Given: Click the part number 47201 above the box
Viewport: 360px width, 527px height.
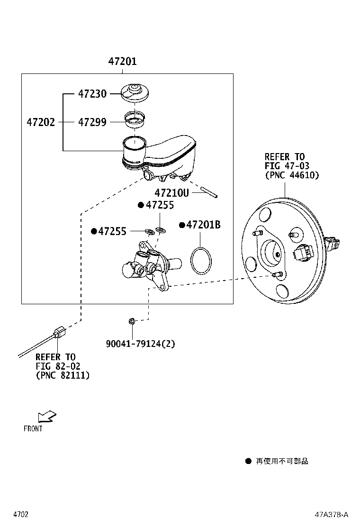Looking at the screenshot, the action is click(x=122, y=61).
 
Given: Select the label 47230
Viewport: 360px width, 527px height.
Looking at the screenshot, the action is click(x=92, y=93).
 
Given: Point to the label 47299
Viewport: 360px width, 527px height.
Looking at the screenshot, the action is click(x=92, y=122).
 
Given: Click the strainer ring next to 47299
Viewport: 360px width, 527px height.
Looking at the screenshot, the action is click(x=135, y=119).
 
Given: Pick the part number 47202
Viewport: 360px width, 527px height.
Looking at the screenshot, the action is click(x=41, y=122).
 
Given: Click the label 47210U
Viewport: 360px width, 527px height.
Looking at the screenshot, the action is click(x=171, y=193).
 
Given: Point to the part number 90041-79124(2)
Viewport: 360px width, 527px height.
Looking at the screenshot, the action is click(x=140, y=344).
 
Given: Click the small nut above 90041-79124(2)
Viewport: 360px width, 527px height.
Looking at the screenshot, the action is click(x=132, y=321).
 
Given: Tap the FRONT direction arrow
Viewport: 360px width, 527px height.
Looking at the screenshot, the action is click(x=47, y=416).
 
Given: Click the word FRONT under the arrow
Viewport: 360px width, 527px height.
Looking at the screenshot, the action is click(x=33, y=428).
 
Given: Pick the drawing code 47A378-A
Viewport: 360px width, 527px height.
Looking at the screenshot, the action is click(x=332, y=515).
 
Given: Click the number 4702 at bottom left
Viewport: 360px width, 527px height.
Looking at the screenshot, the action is click(x=21, y=515).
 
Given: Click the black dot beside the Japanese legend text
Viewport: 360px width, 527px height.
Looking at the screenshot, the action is click(x=248, y=461).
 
